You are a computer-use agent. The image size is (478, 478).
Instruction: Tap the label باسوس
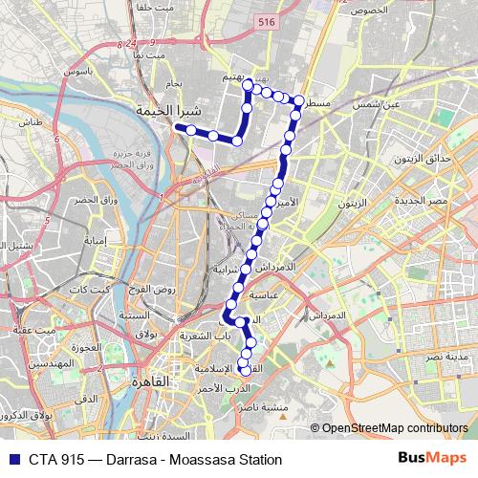78,72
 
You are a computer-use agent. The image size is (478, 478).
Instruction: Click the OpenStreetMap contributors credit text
394,428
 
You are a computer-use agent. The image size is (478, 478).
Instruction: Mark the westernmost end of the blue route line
178,126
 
